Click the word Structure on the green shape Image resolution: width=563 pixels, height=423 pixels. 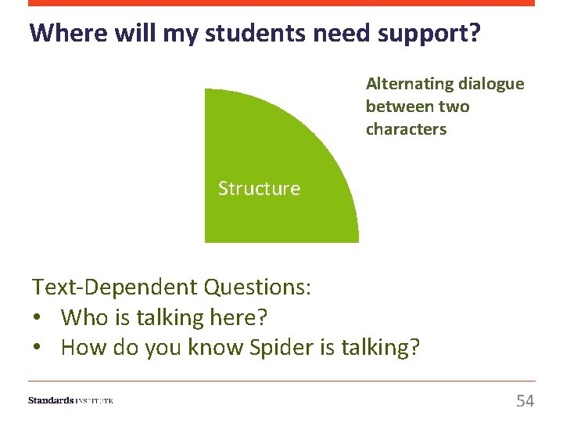point(259,189)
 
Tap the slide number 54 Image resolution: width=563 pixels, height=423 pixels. point(525,401)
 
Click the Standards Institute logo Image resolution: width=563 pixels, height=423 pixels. point(70,400)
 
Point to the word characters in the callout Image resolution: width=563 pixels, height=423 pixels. point(406,129)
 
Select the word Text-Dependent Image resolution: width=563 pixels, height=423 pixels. point(115,287)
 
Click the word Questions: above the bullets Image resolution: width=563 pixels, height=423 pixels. point(257,287)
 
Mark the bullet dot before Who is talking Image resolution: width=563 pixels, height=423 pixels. point(37,318)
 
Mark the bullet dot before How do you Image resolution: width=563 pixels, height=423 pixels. point(37,347)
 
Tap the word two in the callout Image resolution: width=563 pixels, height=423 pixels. point(454,107)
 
